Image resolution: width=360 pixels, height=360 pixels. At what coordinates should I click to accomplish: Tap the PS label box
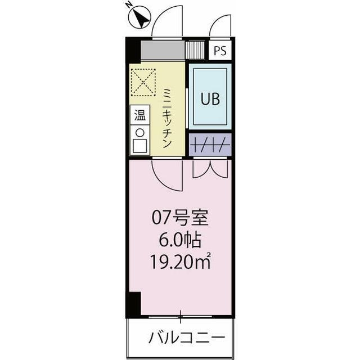(220, 51)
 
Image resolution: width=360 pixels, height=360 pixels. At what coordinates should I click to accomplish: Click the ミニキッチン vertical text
(167, 119)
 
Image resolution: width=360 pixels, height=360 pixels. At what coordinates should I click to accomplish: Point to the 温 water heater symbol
(139, 116)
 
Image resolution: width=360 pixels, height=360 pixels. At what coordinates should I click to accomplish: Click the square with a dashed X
(143, 83)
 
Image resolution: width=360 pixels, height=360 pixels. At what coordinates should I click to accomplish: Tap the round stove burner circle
(139, 132)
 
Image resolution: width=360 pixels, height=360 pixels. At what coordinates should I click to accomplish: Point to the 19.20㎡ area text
(180, 262)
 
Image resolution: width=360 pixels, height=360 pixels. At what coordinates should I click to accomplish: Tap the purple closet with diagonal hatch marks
(210, 146)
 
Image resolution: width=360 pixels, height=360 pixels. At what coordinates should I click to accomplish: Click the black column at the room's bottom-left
(133, 304)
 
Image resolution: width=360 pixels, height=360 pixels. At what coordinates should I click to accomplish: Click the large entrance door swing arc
(169, 21)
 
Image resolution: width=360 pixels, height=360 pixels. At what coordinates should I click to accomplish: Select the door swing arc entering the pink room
(168, 174)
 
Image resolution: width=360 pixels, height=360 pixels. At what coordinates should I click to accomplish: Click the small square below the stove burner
(139, 146)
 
